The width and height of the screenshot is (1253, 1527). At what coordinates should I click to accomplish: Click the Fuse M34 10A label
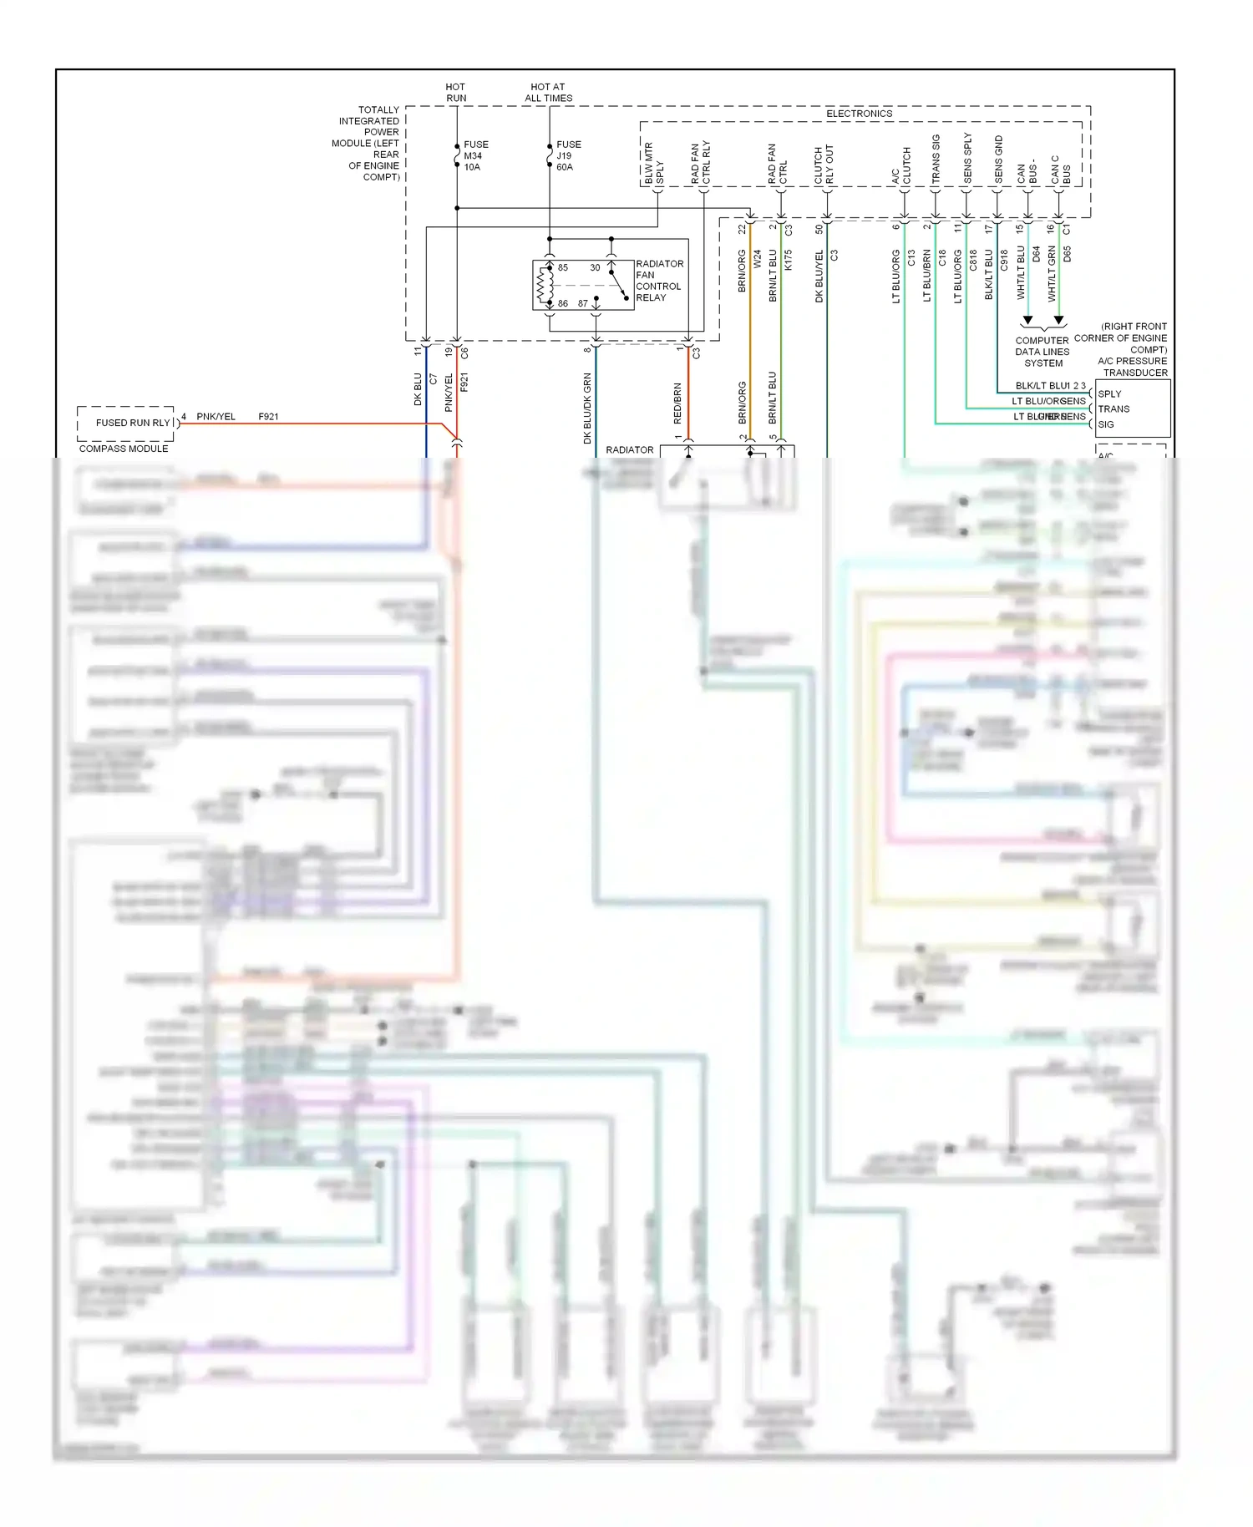[x=475, y=156]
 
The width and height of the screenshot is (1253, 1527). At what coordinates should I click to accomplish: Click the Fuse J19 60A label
[x=568, y=156]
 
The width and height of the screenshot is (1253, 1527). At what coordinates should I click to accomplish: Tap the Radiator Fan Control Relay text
[x=658, y=281]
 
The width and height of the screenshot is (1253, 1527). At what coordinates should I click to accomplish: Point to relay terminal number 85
[x=563, y=268]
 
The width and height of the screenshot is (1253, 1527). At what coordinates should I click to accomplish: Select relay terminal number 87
[x=583, y=303]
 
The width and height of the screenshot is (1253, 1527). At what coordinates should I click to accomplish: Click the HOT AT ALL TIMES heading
[x=548, y=93]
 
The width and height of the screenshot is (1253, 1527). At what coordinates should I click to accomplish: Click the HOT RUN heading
[x=456, y=93]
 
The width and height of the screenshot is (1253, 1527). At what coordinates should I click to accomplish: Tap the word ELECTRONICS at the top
[x=859, y=114]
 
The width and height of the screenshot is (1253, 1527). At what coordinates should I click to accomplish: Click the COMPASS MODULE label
[x=124, y=449]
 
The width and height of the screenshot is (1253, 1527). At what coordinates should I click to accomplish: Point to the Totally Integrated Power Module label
[x=368, y=143]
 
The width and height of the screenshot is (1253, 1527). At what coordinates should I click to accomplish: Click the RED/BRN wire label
[x=677, y=403]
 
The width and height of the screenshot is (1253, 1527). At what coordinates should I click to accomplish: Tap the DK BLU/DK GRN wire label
[x=587, y=408]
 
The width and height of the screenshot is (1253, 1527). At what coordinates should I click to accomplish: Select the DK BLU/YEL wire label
[x=819, y=276]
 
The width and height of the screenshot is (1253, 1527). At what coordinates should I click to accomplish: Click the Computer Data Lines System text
[x=1042, y=352]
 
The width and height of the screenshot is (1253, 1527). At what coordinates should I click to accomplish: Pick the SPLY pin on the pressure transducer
[x=1109, y=393]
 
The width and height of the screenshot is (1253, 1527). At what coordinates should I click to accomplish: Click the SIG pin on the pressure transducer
[x=1106, y=424]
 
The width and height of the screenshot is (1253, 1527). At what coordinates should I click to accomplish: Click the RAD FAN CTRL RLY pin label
[x=700, y=163]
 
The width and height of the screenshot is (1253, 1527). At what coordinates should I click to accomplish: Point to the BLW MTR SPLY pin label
[x=653, y=164]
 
